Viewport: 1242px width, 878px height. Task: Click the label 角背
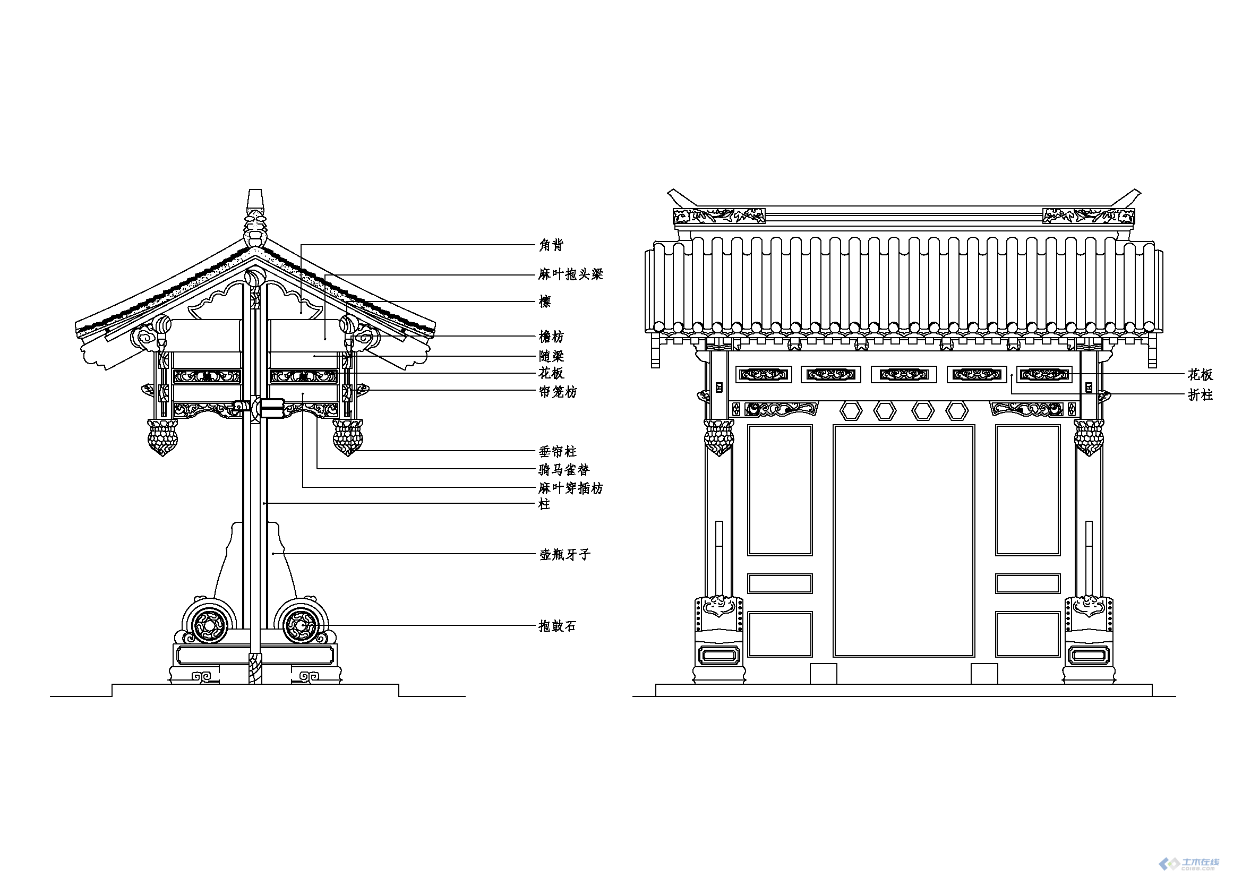[551, 245]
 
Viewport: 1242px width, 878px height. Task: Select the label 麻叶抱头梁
[570, 274]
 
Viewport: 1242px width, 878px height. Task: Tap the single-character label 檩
[545, 302]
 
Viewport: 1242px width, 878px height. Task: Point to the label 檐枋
[551, 337]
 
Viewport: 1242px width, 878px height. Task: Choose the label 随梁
[551, 356]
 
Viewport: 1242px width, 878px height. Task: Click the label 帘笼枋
[558, 392]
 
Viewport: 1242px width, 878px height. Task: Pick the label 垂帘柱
[558, 451]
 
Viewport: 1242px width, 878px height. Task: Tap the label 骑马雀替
[564, 470]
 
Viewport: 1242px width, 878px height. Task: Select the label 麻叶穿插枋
[570, 489]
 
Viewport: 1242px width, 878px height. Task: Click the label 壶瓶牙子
[564, 555]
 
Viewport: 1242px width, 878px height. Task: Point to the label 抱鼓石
[558, 626]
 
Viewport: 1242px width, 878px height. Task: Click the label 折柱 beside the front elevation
[1200, 395]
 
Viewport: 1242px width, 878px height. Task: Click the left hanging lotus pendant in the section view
[162, 437]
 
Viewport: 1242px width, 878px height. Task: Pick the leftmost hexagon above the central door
[850, 411]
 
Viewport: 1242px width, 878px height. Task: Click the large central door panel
[903, 540]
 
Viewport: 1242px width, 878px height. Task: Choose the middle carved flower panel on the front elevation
[903, 374]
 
